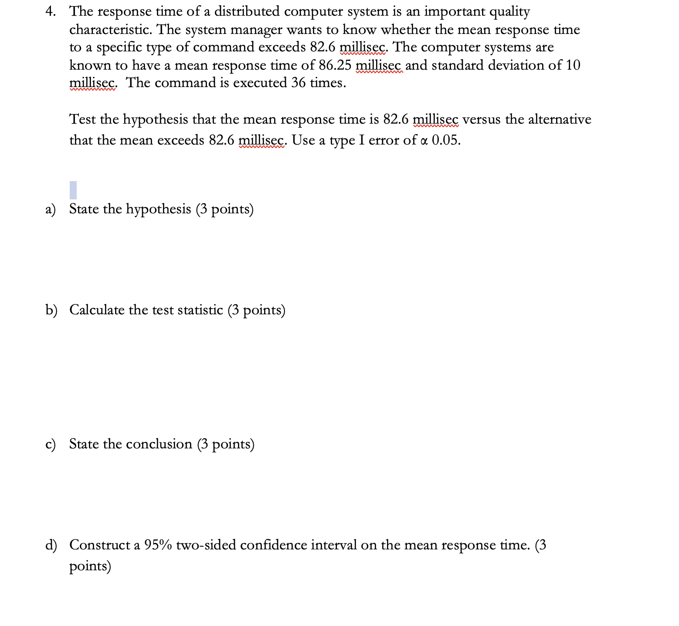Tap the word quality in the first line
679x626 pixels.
point(509,12)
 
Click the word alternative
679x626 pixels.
point(560,119)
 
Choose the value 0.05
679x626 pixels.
point(445,141)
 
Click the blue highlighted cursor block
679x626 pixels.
point(73,190)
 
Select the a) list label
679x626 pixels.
point(51,209)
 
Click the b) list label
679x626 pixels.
point(51,310)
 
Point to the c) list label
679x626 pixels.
point(51,444)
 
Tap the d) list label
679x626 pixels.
point(51,545)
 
